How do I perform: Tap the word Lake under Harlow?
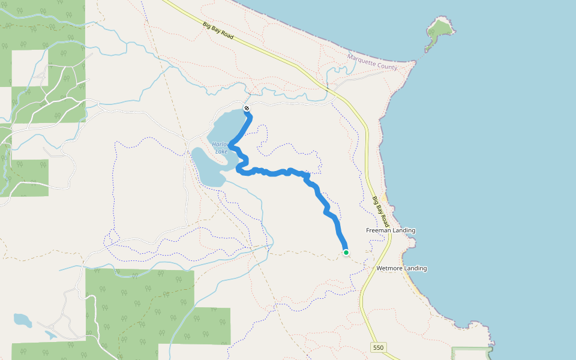221,151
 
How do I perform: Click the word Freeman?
379,230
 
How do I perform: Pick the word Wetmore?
389,268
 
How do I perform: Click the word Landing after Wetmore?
415,268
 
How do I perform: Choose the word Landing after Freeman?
404,230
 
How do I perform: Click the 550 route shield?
377,347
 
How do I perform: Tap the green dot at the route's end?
346,253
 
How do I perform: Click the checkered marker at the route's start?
247,108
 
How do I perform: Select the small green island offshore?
441,28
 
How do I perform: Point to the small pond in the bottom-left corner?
22,320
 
